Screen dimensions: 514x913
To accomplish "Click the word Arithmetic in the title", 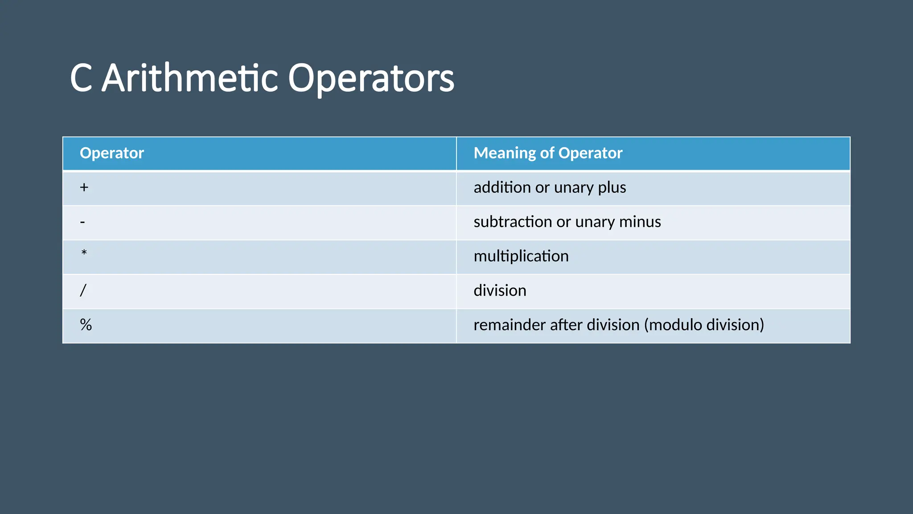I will pyautogui.click(x=190, y=78).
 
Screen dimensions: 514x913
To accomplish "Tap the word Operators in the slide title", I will pyautogui.click(x=371, y=78).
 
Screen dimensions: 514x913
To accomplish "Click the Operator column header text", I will pyautogui.click(x=111, y=153).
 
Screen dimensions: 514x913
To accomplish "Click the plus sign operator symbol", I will pyautogui.click(x=84, y=187).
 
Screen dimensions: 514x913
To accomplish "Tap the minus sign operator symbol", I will pyautogui.click(x=82, y=222).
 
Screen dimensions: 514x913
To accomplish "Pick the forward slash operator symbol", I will pyautogui.click(x=83, y=290).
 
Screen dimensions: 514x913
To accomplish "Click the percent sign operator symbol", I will pyautogui.click(x=86, y=325).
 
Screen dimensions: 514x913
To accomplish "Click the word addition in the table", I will pyautogui.click(x=502, y=187).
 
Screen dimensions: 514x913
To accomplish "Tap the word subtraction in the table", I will pyautogui.click(x=513, y=222).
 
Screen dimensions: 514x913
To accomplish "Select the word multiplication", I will pyautogui.click(x=521, y=256).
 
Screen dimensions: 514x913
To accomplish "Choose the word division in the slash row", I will pyautogui.click(x=500, y=290).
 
